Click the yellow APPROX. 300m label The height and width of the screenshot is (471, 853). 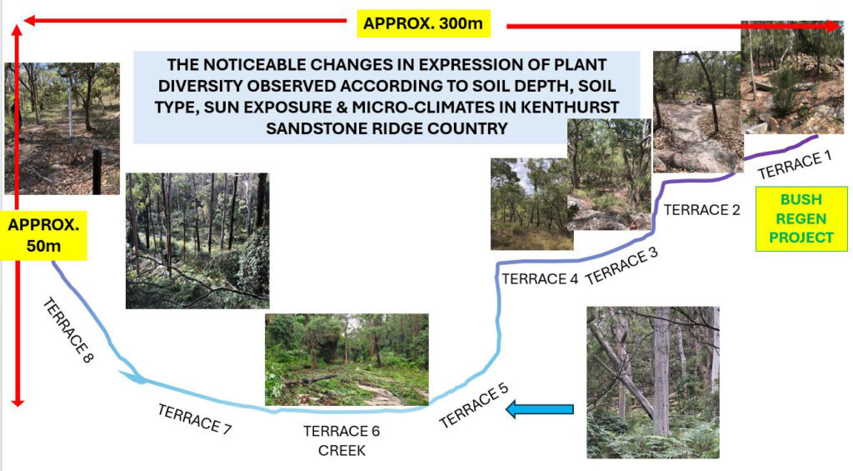423,24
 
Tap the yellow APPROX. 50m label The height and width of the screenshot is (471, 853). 43,235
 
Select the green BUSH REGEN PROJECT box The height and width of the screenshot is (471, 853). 801,219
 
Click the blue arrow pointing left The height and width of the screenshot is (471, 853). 540,409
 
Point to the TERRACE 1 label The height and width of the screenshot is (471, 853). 795,165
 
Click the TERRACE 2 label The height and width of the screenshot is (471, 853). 701,209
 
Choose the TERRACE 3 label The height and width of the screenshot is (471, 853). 621,266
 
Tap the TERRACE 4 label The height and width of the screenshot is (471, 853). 540,278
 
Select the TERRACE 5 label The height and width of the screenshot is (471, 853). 474,405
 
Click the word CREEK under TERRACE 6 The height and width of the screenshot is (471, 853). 342,451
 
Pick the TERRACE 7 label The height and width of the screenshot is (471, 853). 194,418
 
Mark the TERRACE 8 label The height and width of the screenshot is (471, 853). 68,330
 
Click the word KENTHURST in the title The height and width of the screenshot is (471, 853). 570,108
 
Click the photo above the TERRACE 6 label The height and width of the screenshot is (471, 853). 347,359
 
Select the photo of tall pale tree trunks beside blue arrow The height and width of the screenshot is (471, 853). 653,383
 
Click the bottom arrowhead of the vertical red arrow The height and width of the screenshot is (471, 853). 17,403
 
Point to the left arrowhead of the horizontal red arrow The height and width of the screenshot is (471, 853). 29,21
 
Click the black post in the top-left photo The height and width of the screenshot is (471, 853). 97,171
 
